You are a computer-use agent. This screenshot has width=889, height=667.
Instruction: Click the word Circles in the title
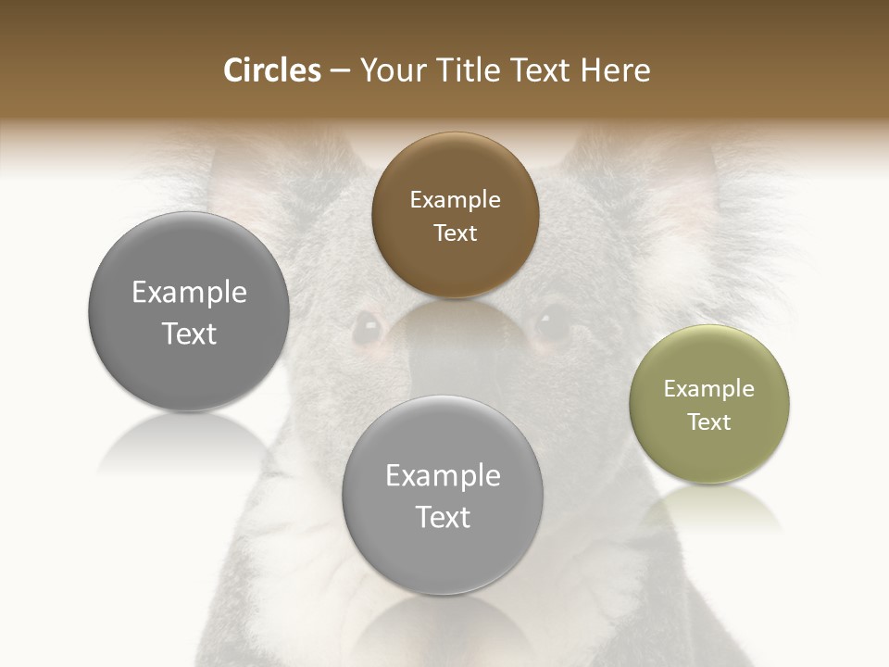[x=271, y=70]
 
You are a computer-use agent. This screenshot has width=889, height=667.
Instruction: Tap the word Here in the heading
[x=615, y=70]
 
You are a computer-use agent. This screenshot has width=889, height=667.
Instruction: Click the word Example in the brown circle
[x=455, y=199]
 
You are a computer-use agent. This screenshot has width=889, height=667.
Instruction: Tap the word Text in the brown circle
[x=455, y=233]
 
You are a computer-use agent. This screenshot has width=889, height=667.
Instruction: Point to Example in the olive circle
[x=709, y=388]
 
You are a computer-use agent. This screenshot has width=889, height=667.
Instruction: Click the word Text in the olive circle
[x=709, y=422]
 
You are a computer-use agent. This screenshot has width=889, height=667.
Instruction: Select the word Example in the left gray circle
[x=189, y=292]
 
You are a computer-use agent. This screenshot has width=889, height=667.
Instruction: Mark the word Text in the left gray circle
[x=189, y=333]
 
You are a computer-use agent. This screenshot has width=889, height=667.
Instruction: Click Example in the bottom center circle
[x=443, y=475]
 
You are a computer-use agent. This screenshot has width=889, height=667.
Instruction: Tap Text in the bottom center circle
[x=443, y=517]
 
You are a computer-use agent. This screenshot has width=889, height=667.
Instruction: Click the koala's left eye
[x=368, y=326]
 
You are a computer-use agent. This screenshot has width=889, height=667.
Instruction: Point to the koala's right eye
[x=553, y=322]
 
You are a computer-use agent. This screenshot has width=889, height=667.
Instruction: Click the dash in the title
[x=340, y=71]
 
